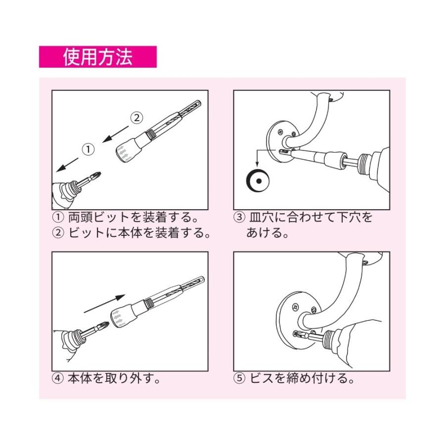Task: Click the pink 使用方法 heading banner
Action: [97, 57]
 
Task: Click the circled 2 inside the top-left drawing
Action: [137, 118]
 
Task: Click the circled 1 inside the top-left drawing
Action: [88, 149]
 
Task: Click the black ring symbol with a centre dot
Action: [258, 181]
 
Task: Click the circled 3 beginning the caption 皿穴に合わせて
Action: [239, 218]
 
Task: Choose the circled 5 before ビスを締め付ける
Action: [239, 379]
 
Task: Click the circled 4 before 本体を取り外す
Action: [58, 379]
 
